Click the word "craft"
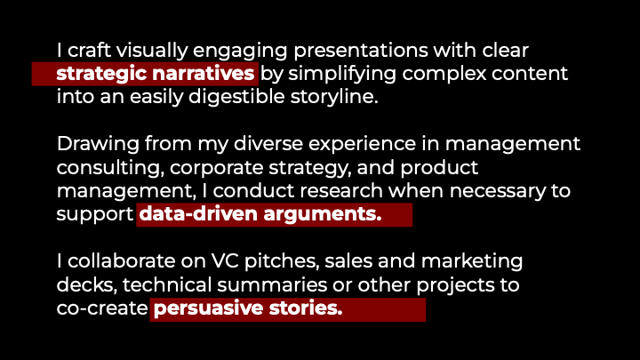click(92, 51)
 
